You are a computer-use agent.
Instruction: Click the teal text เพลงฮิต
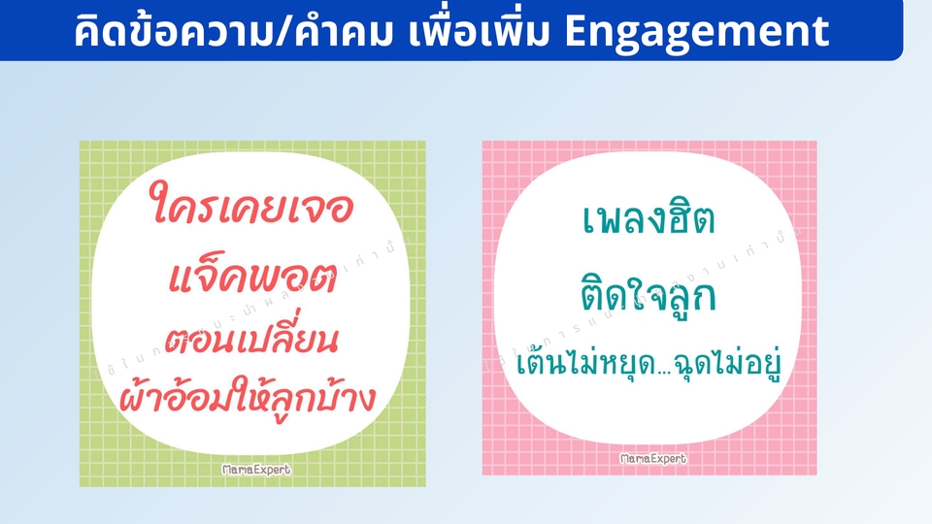click(649, 224)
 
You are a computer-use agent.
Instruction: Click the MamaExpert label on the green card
click(257, 470)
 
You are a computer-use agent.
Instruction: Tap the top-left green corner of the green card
click(89, 150)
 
